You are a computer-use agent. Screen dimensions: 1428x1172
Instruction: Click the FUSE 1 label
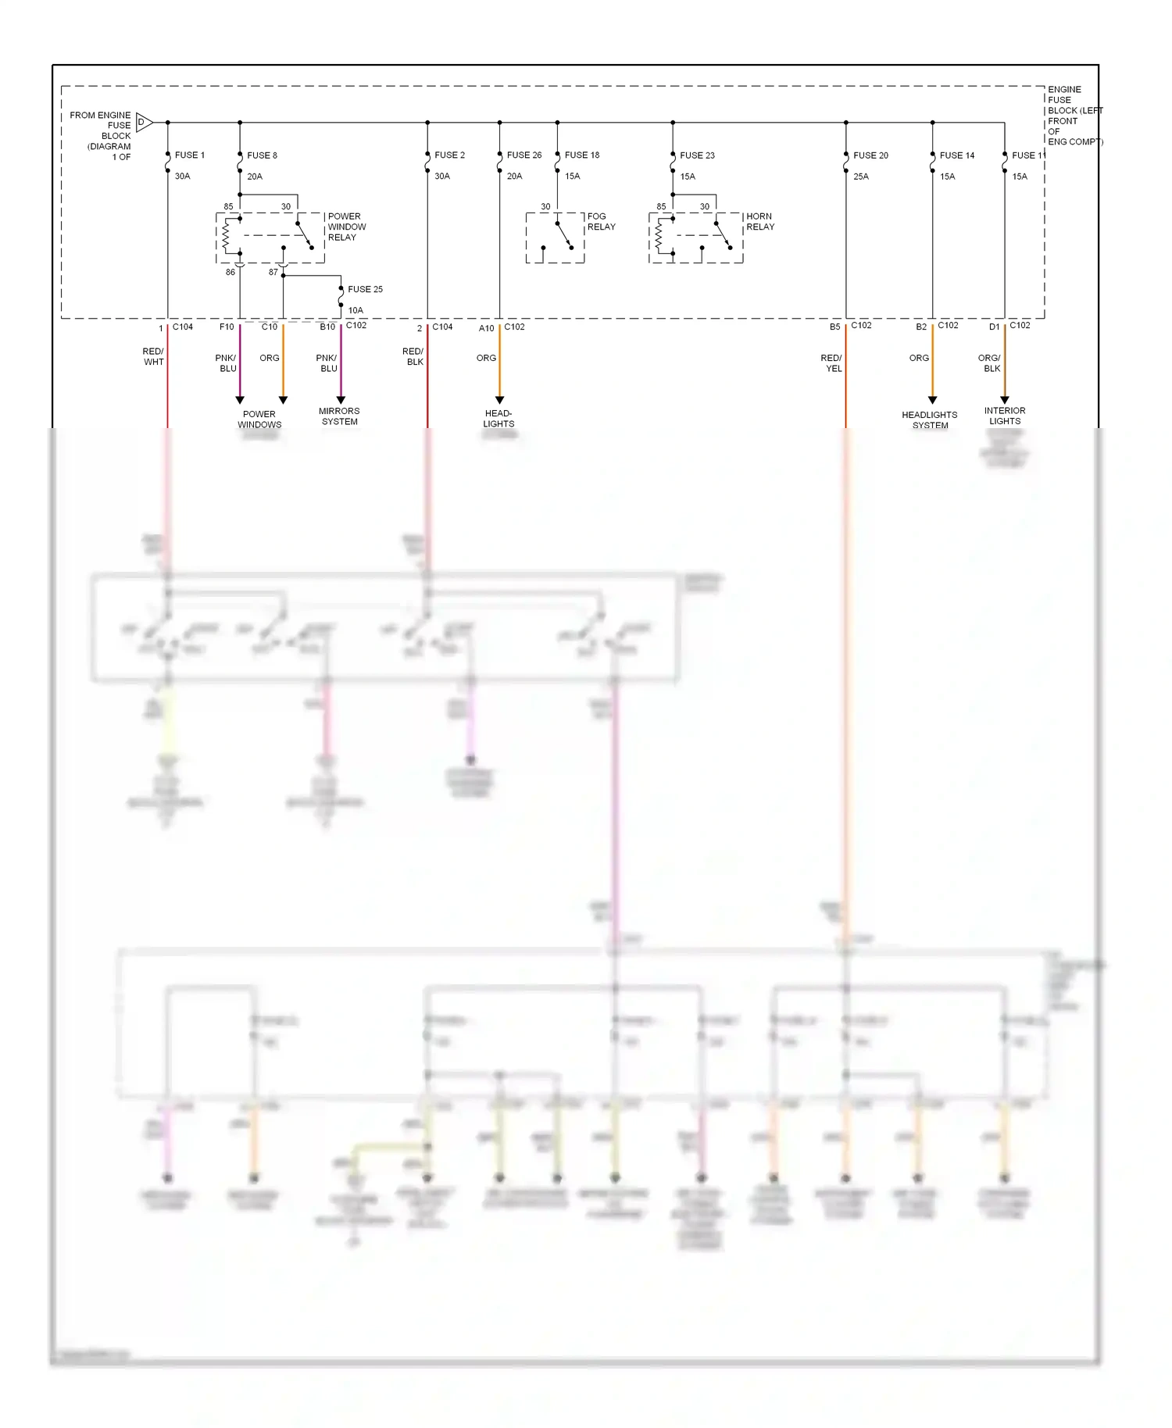189,155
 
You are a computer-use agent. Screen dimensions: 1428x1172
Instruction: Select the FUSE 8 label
262,155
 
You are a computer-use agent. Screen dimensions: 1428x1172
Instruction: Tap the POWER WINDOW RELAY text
346,227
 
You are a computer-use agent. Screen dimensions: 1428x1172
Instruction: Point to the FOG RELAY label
601,222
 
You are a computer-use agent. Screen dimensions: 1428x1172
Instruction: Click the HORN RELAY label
759,222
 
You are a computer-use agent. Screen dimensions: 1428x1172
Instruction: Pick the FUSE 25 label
365,289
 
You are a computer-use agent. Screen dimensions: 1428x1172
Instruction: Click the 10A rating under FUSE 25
356,310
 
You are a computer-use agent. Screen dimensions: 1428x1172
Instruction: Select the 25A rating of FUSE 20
860,177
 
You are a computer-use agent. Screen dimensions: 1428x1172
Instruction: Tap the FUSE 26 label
523,155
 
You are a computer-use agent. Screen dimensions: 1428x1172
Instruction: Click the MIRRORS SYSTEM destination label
339,416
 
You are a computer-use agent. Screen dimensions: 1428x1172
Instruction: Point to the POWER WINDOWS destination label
259,419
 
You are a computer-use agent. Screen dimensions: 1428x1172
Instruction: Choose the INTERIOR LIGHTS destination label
1005,416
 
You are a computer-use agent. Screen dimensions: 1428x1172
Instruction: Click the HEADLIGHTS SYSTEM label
929,420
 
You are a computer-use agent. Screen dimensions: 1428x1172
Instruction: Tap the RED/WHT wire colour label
153,357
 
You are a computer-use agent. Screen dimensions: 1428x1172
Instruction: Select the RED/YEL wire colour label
831,363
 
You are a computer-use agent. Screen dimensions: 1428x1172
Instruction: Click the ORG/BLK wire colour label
990,363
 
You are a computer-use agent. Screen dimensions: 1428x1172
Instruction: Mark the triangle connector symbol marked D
144,122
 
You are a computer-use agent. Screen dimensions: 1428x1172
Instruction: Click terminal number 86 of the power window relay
230,273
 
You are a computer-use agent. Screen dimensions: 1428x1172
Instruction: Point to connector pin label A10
486,328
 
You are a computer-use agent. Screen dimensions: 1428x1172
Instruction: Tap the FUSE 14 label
956,155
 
